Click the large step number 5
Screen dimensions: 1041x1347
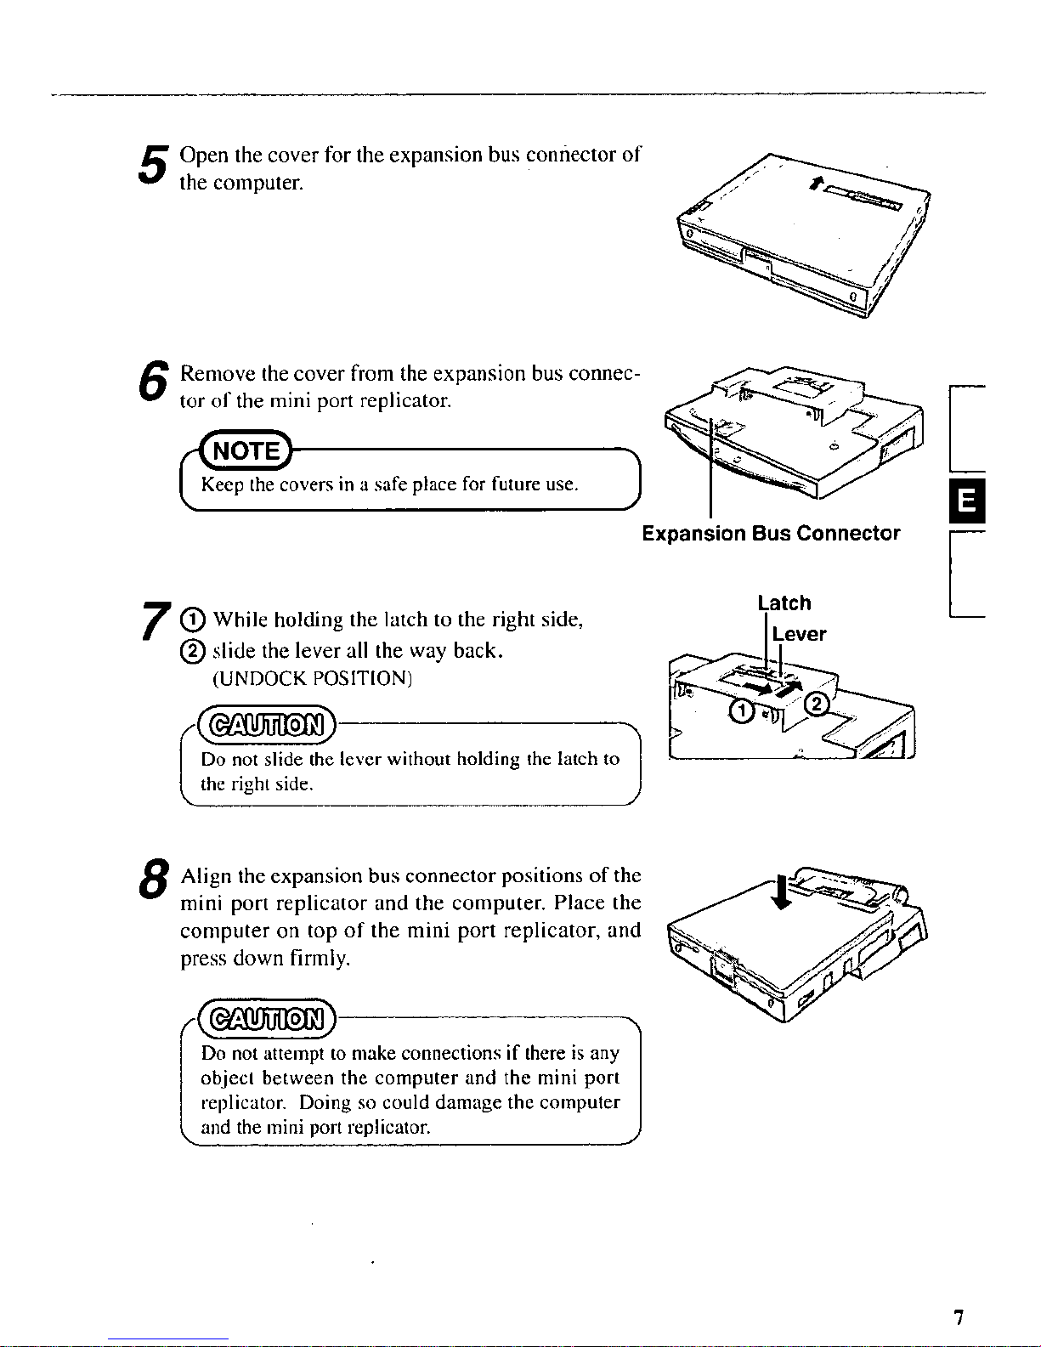click(x=153, y=164)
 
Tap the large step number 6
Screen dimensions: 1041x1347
click(x=153, y=380)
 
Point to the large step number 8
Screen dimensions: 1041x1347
click(x=154, y=879)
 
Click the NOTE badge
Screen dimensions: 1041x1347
click(x=246, y=450)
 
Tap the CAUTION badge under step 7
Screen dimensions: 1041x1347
click(x=267, y=725)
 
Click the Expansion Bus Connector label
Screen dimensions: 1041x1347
click(x=771, y=533)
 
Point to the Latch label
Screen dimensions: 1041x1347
click(x=784, y=603)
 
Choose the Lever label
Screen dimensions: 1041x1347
click(x=799, y=634)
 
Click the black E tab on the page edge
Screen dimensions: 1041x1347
click(x=967, y=501)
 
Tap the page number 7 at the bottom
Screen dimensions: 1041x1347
click(x=959, y=1316)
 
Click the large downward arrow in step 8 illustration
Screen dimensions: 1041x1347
click(x=784, y=891)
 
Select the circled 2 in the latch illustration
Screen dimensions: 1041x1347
click(x=816, y=705)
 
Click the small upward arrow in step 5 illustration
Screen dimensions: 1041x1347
click(x=818, y=182)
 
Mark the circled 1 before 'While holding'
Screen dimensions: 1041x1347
click(x=191, y=620)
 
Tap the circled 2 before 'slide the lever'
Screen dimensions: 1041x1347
click(x=191, y=650)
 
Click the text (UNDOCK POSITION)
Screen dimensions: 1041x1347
click(x=313, y=679)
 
